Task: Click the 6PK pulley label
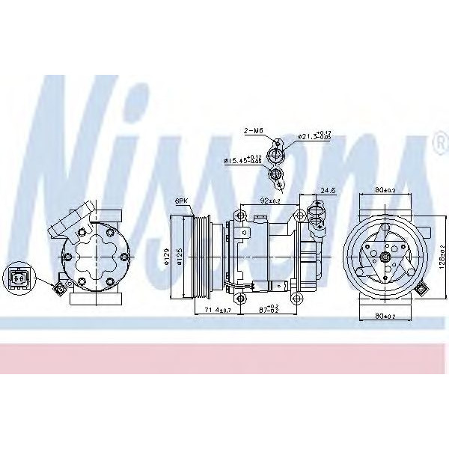point(181,201)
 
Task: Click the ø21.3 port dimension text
point(314,136)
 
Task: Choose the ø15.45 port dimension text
point(243,160)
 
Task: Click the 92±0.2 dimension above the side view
point(271,201)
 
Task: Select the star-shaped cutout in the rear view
point(95,256)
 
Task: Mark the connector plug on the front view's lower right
point(424,289)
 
